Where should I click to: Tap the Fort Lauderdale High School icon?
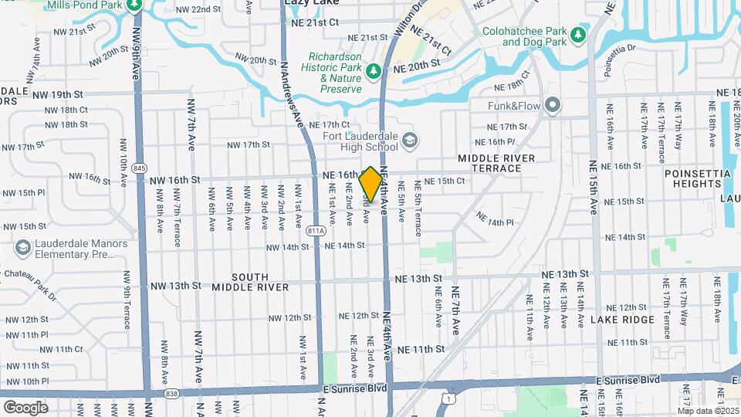click(x=410, y=141)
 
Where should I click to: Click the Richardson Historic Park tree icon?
click(x=374, y=72)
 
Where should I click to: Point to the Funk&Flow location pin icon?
click(x=552, y=105)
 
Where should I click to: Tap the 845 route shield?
click(x=139, y=168)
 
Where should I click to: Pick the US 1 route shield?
click(x=447, y=398)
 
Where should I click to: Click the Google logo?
click(x=25, y=407)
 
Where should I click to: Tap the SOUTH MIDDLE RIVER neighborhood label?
click(x=250, y=282)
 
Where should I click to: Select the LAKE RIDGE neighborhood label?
click(x=622, y=319)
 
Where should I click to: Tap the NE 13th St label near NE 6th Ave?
click(x=418, y=278)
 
